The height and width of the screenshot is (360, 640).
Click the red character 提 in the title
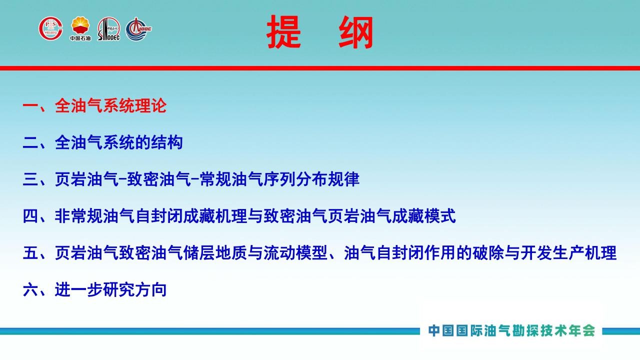pos(283,31)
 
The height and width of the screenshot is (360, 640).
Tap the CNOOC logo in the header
pos(138,29)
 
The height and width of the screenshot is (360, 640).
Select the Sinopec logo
pos(109,29)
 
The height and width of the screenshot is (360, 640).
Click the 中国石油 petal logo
pos(80,28)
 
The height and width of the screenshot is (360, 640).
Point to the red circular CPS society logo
pos(51,28)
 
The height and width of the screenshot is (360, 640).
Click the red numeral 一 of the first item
pos(30,105)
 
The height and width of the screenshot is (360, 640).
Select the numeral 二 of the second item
pos(30,142)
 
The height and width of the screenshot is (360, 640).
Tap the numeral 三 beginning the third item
pos(30,179)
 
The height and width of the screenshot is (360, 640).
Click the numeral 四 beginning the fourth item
pos(30,216)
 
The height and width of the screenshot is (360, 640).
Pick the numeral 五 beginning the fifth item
pos(30,253)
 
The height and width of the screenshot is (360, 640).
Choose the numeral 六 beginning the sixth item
pos(30,289)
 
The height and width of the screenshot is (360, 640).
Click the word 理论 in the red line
pos(150,105)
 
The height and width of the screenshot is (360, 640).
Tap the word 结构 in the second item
pos(167,142)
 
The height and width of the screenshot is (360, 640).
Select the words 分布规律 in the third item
pos(327,179)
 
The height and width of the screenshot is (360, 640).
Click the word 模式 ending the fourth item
pos(439,216)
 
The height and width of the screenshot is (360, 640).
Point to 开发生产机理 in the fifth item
pos(568,253)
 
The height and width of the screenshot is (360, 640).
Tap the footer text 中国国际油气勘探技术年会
pos(511,331)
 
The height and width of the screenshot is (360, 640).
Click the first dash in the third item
pos(123,179)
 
